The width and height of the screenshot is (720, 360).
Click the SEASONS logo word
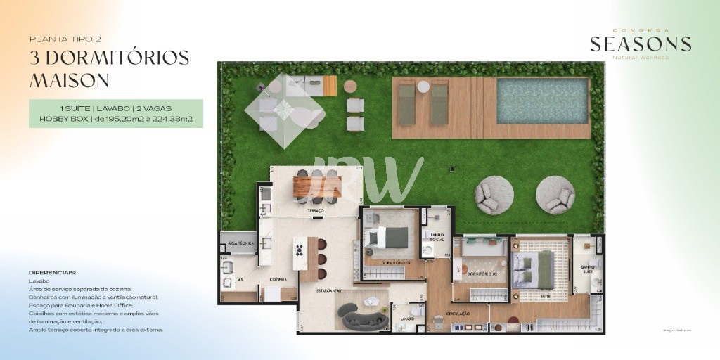coord(641,44)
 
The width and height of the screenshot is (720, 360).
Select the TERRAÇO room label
coord(314,210)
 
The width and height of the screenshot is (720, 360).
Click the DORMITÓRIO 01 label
coord(395,263)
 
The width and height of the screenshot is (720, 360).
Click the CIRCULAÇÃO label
coord(458,314)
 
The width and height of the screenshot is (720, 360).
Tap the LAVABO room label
coord(407,319)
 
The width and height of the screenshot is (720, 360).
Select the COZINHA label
coord(278,279)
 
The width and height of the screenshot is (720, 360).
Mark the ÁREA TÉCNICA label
coord(237,243)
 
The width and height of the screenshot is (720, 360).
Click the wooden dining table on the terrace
coord(316,186)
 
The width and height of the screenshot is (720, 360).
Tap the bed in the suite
coord(537,271)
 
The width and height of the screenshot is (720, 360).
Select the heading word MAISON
coord(69,80)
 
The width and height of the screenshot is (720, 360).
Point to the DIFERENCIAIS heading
coord(52,272)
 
